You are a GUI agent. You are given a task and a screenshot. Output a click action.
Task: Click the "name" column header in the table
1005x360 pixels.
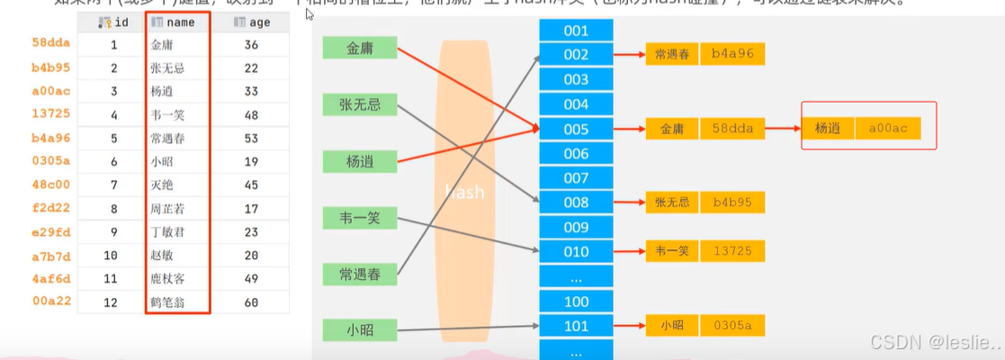click(x=178, y=22)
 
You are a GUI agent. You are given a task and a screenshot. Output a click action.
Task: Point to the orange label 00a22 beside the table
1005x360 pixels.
click(x=50, y=302)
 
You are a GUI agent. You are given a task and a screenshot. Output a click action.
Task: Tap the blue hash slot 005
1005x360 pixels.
click(x=575, y=129)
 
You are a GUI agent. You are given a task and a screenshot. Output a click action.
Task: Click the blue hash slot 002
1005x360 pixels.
click(x=575, y=55)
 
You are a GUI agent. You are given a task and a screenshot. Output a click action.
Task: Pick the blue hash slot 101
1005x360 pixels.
click(x=575, y=326)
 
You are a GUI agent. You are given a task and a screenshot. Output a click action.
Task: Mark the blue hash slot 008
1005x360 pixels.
click(x=575, y=202)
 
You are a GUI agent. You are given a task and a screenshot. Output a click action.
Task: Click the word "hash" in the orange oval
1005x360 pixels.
click(x=465, y=193)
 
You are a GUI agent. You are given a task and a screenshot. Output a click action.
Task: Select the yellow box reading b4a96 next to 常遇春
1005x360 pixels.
click(x=732, y=55)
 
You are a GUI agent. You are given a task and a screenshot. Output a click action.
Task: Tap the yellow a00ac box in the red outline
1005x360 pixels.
click(x=894, y=129)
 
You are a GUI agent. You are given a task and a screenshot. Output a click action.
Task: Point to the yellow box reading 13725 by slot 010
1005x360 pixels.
click(x=732, y=251)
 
